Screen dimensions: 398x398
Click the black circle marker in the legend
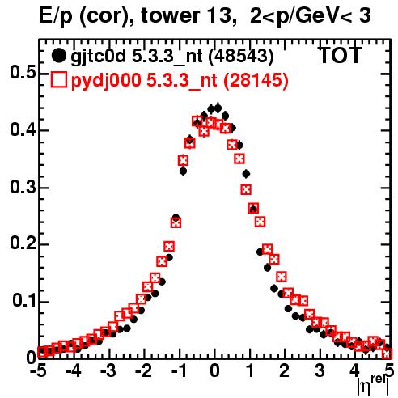58,56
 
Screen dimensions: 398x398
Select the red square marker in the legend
58,80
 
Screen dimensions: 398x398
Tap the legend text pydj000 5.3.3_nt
144,81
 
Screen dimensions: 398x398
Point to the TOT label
341,55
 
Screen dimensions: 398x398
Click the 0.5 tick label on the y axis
23,73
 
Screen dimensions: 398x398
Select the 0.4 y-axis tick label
23,129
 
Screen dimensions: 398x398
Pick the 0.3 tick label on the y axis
23,187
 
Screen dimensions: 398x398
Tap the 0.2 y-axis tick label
23,243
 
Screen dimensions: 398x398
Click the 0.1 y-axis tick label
24,301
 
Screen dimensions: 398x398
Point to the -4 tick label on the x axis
74,371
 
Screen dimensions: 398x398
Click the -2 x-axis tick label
144,371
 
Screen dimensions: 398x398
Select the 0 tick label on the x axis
214,371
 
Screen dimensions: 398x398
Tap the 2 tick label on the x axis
285,371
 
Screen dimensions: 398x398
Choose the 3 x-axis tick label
320,371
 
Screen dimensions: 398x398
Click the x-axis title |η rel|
374,385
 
